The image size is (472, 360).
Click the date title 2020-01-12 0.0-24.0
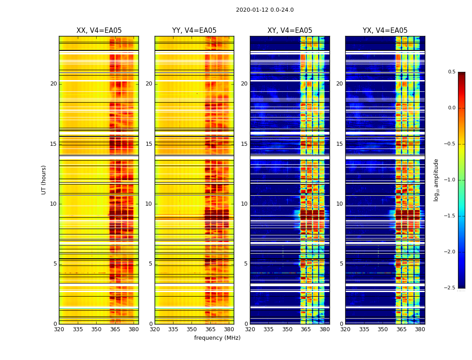265,10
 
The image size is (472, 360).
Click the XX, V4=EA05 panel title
99,31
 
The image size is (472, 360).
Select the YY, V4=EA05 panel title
194,31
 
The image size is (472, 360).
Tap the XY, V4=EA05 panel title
290,31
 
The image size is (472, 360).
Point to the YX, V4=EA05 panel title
385,31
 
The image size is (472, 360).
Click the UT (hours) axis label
44,180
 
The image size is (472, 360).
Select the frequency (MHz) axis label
217,338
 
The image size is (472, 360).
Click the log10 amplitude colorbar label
436,180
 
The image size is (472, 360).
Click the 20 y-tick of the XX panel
53,84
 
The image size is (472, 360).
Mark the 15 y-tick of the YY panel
149,144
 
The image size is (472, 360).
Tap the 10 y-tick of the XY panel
244,204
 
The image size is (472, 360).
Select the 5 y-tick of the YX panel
341,264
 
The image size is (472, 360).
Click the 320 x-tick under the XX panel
59,329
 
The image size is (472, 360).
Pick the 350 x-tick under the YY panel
192,329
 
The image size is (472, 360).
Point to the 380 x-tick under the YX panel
420,329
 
